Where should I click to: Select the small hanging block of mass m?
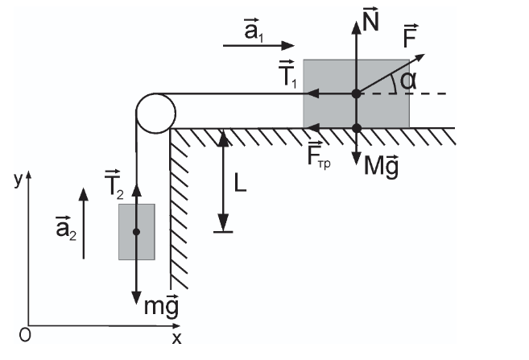coord(137,232)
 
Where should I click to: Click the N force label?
coord(370,21)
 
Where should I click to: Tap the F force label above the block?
coord(411,36)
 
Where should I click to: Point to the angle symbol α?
coord(408,81)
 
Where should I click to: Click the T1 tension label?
coord(287,74)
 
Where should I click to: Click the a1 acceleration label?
coord(254,30)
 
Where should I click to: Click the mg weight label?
coord(161,306)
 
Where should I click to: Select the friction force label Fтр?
coord(319,156)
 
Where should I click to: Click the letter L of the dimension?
coord(240,184)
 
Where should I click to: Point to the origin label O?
coord(25,335)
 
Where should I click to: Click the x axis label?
coord(176,338)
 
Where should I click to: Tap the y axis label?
coord(18,180)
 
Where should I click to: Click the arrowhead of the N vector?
coord(356,27)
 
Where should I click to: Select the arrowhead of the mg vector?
coord(136,298)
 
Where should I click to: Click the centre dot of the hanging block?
coord(136,232)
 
